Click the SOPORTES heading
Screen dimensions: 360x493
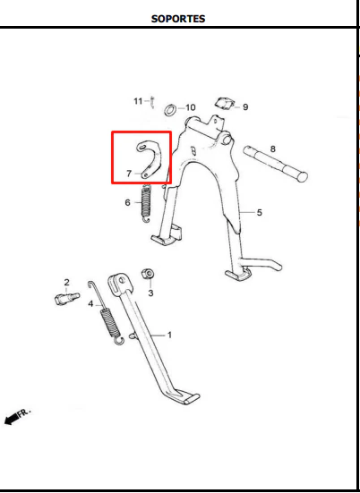[x=178, y=19]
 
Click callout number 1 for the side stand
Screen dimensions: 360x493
[x=169, y=336]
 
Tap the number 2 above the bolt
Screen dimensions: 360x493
[x=66, y=283]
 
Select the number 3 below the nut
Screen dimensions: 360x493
[x=150, y=293]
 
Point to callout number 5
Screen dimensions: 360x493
[x=260, y=213]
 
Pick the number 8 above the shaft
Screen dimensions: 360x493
[x=273, y=149]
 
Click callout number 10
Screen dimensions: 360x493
[x=191, y=107]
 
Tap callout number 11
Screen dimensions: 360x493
[x=138, y=101]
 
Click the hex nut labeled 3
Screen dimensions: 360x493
[x=148, y=274]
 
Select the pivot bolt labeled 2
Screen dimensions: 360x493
[x=67, y=298]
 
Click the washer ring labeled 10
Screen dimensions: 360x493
[x=170, y=110]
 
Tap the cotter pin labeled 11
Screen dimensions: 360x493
[x=152, y=103]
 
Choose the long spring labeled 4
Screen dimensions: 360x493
[x=107, y=313]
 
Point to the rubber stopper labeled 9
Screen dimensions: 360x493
[x=225, y=104]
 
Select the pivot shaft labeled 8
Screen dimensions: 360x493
[x=275, y=164]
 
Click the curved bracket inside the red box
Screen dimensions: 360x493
[x=157, y=157]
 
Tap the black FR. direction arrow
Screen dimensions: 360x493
[x=11, y=419]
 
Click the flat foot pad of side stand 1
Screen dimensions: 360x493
[x=192, y=399]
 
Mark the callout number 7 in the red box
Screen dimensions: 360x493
[x=129, y=174]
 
